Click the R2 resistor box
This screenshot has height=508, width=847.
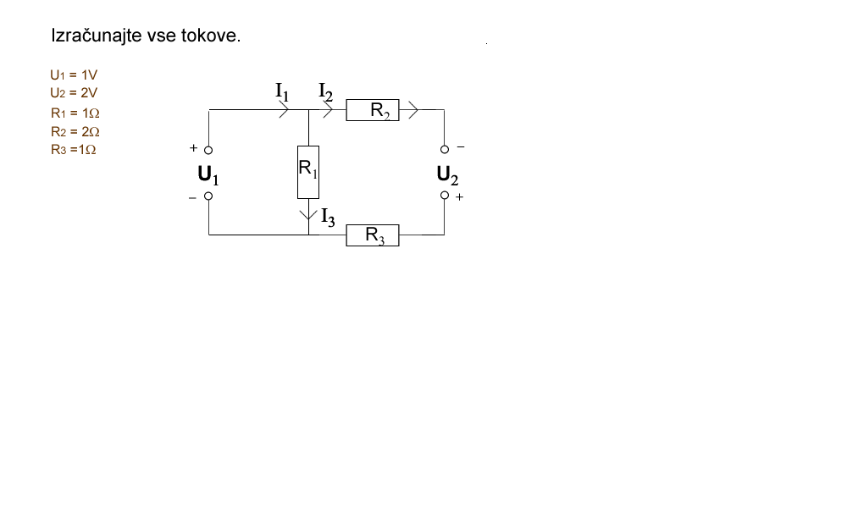[372, 109]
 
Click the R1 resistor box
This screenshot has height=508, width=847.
[307, 172]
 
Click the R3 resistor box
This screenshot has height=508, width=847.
[372, 235]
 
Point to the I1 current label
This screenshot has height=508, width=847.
[282, 90]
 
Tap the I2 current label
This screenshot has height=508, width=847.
[326, 90]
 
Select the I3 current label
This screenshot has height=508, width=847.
[328, 217]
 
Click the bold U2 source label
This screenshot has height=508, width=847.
[447, 175]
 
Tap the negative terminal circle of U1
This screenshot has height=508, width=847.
[208, 196]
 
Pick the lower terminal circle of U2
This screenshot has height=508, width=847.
[445, 196]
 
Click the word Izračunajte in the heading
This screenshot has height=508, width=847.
[96, 37]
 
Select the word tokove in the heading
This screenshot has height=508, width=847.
[210, 37]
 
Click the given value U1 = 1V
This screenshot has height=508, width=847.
[74, 75]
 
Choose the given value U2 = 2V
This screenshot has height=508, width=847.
[74, 93]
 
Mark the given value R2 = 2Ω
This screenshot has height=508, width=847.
[75, 131]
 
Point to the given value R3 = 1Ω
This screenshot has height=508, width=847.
[75, 150]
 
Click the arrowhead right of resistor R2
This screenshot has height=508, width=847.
[414, 109]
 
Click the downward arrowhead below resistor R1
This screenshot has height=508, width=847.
[307, 215]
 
